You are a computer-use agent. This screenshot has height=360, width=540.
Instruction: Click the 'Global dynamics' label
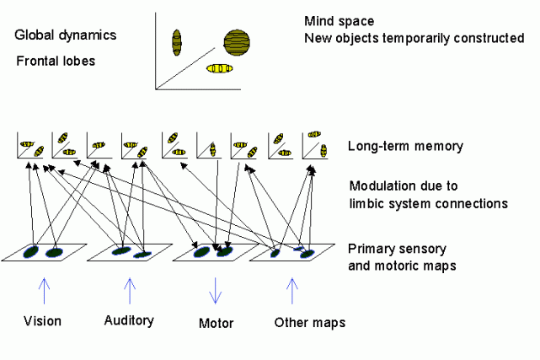tap(65, 35)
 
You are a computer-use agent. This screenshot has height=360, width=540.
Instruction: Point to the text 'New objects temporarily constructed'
tap(408, 39)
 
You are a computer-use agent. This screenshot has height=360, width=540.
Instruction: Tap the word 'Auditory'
tap(129, 320)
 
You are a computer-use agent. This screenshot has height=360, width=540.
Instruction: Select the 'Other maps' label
tap(309, 322)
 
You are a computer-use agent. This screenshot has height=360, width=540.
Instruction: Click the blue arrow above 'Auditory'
tap(129, 291)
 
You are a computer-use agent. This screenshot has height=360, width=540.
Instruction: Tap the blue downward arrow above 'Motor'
tap(215, 291)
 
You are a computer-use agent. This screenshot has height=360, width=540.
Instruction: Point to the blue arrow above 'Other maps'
tap(291, 291)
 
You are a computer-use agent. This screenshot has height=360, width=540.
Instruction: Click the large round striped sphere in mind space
tap(237, 40)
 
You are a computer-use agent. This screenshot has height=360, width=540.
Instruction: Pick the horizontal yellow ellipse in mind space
tap(219, 68)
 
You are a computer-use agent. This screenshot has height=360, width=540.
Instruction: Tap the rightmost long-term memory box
tap(313, 145)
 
